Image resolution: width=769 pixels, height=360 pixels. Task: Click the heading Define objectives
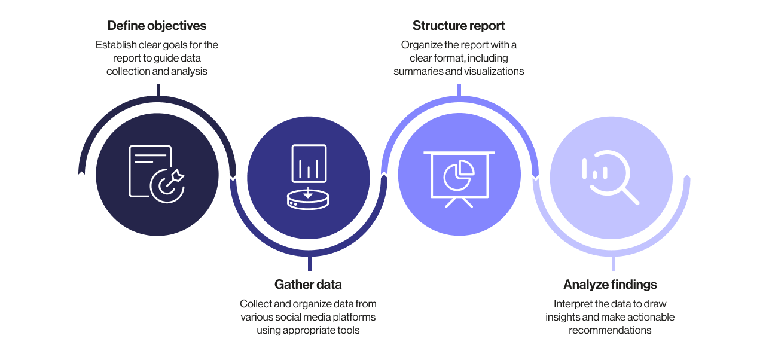[157, 26]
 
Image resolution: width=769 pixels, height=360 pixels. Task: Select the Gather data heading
[308, 284]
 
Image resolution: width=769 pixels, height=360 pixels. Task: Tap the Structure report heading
[459, 26]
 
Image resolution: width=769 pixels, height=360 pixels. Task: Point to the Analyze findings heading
[610, 285]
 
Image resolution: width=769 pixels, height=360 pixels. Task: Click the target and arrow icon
[170, 183]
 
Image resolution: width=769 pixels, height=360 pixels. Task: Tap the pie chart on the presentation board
[459, 174]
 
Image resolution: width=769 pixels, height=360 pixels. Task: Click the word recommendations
[610, 330]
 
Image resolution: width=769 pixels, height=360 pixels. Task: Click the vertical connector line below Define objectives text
[158, 90]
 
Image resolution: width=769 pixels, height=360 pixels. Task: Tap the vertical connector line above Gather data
[309, 264]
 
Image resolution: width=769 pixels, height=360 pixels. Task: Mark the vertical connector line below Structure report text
[459, 90]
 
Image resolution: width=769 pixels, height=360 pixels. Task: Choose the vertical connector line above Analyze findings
[613, 264]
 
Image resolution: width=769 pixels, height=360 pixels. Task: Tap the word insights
[563, 317]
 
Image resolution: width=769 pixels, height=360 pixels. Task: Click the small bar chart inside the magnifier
[594, 170]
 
